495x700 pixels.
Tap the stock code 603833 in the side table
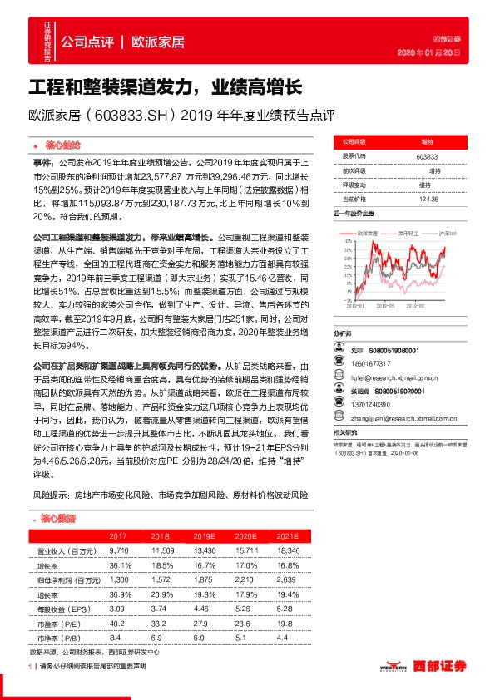426,155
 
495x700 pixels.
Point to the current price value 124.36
426,198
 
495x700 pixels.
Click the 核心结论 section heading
61,145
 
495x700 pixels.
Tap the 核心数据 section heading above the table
59,520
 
